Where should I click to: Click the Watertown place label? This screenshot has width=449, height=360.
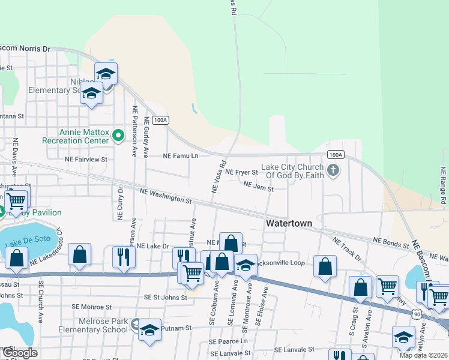click(289, 223)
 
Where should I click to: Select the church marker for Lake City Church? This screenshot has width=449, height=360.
click(334, 172)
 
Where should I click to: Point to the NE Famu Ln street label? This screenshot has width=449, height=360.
click(181, 155)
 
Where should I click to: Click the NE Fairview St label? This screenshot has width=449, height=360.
click(86, 160)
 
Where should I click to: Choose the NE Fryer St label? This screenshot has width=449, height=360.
click(241, 173)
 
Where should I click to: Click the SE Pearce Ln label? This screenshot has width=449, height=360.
click(228, 341)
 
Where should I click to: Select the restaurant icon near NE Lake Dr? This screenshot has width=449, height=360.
click(124, 257)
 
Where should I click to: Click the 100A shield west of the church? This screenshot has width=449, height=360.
click(160, 120)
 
